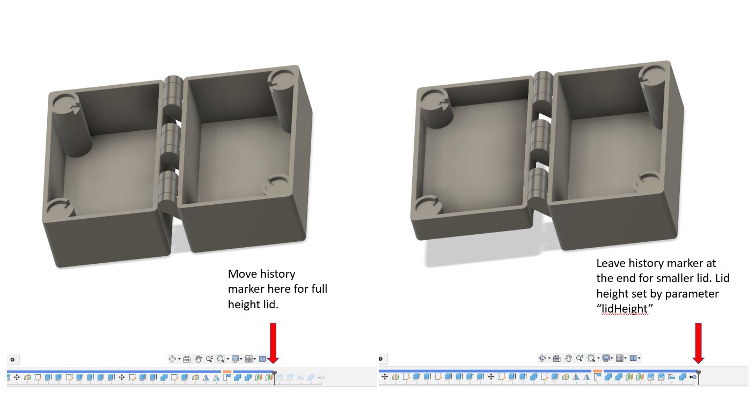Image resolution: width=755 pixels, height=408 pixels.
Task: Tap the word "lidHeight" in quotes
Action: (625, 309)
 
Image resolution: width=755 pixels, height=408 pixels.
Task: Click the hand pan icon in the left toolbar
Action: (198, 359)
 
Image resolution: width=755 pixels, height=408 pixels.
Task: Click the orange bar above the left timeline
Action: (226, 371)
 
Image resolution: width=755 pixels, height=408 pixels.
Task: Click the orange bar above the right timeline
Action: (597, 371)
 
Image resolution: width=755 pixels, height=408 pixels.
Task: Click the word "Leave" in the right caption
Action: (612, 264)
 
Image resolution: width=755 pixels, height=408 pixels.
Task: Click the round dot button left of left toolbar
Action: (12, 359)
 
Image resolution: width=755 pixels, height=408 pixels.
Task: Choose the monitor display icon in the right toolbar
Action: (606, 358)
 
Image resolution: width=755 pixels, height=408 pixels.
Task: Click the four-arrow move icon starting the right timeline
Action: (384, 377)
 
